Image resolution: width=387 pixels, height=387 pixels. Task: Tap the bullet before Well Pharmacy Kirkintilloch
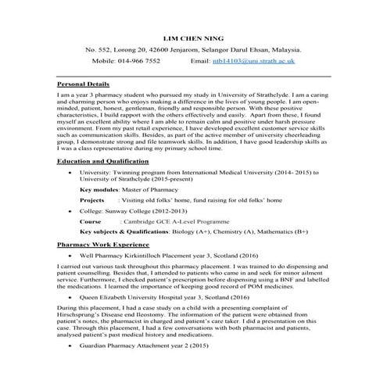coord(72,255)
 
